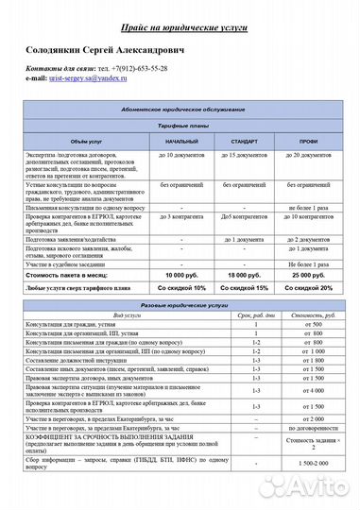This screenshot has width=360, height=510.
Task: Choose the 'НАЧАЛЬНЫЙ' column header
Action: [180, 140]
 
